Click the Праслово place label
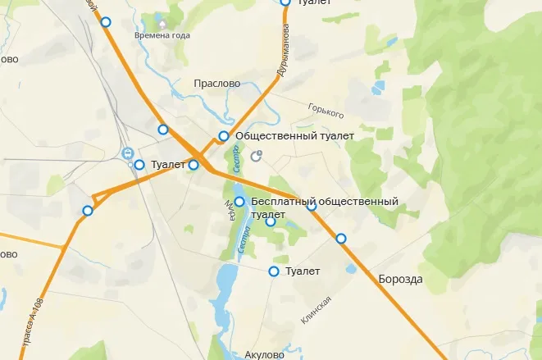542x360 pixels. (x=217, y=84)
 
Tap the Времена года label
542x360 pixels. (x=162, y=36)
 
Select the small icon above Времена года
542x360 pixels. (x=162, y=24)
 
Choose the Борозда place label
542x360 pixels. (x=400, y=280)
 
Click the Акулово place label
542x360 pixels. (x=264, y=355)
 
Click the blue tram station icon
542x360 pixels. (x=128, y=153)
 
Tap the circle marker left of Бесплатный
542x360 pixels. (x=239, y=202)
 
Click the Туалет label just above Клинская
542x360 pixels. (x=303, y=271)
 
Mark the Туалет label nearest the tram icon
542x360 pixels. (x=169, y=165)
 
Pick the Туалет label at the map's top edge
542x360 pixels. (x=315, y=3)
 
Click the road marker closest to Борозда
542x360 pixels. (x=341, y=239)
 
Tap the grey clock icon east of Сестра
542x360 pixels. (x=258, y=154)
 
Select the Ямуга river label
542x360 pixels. (x=230, y=212)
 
